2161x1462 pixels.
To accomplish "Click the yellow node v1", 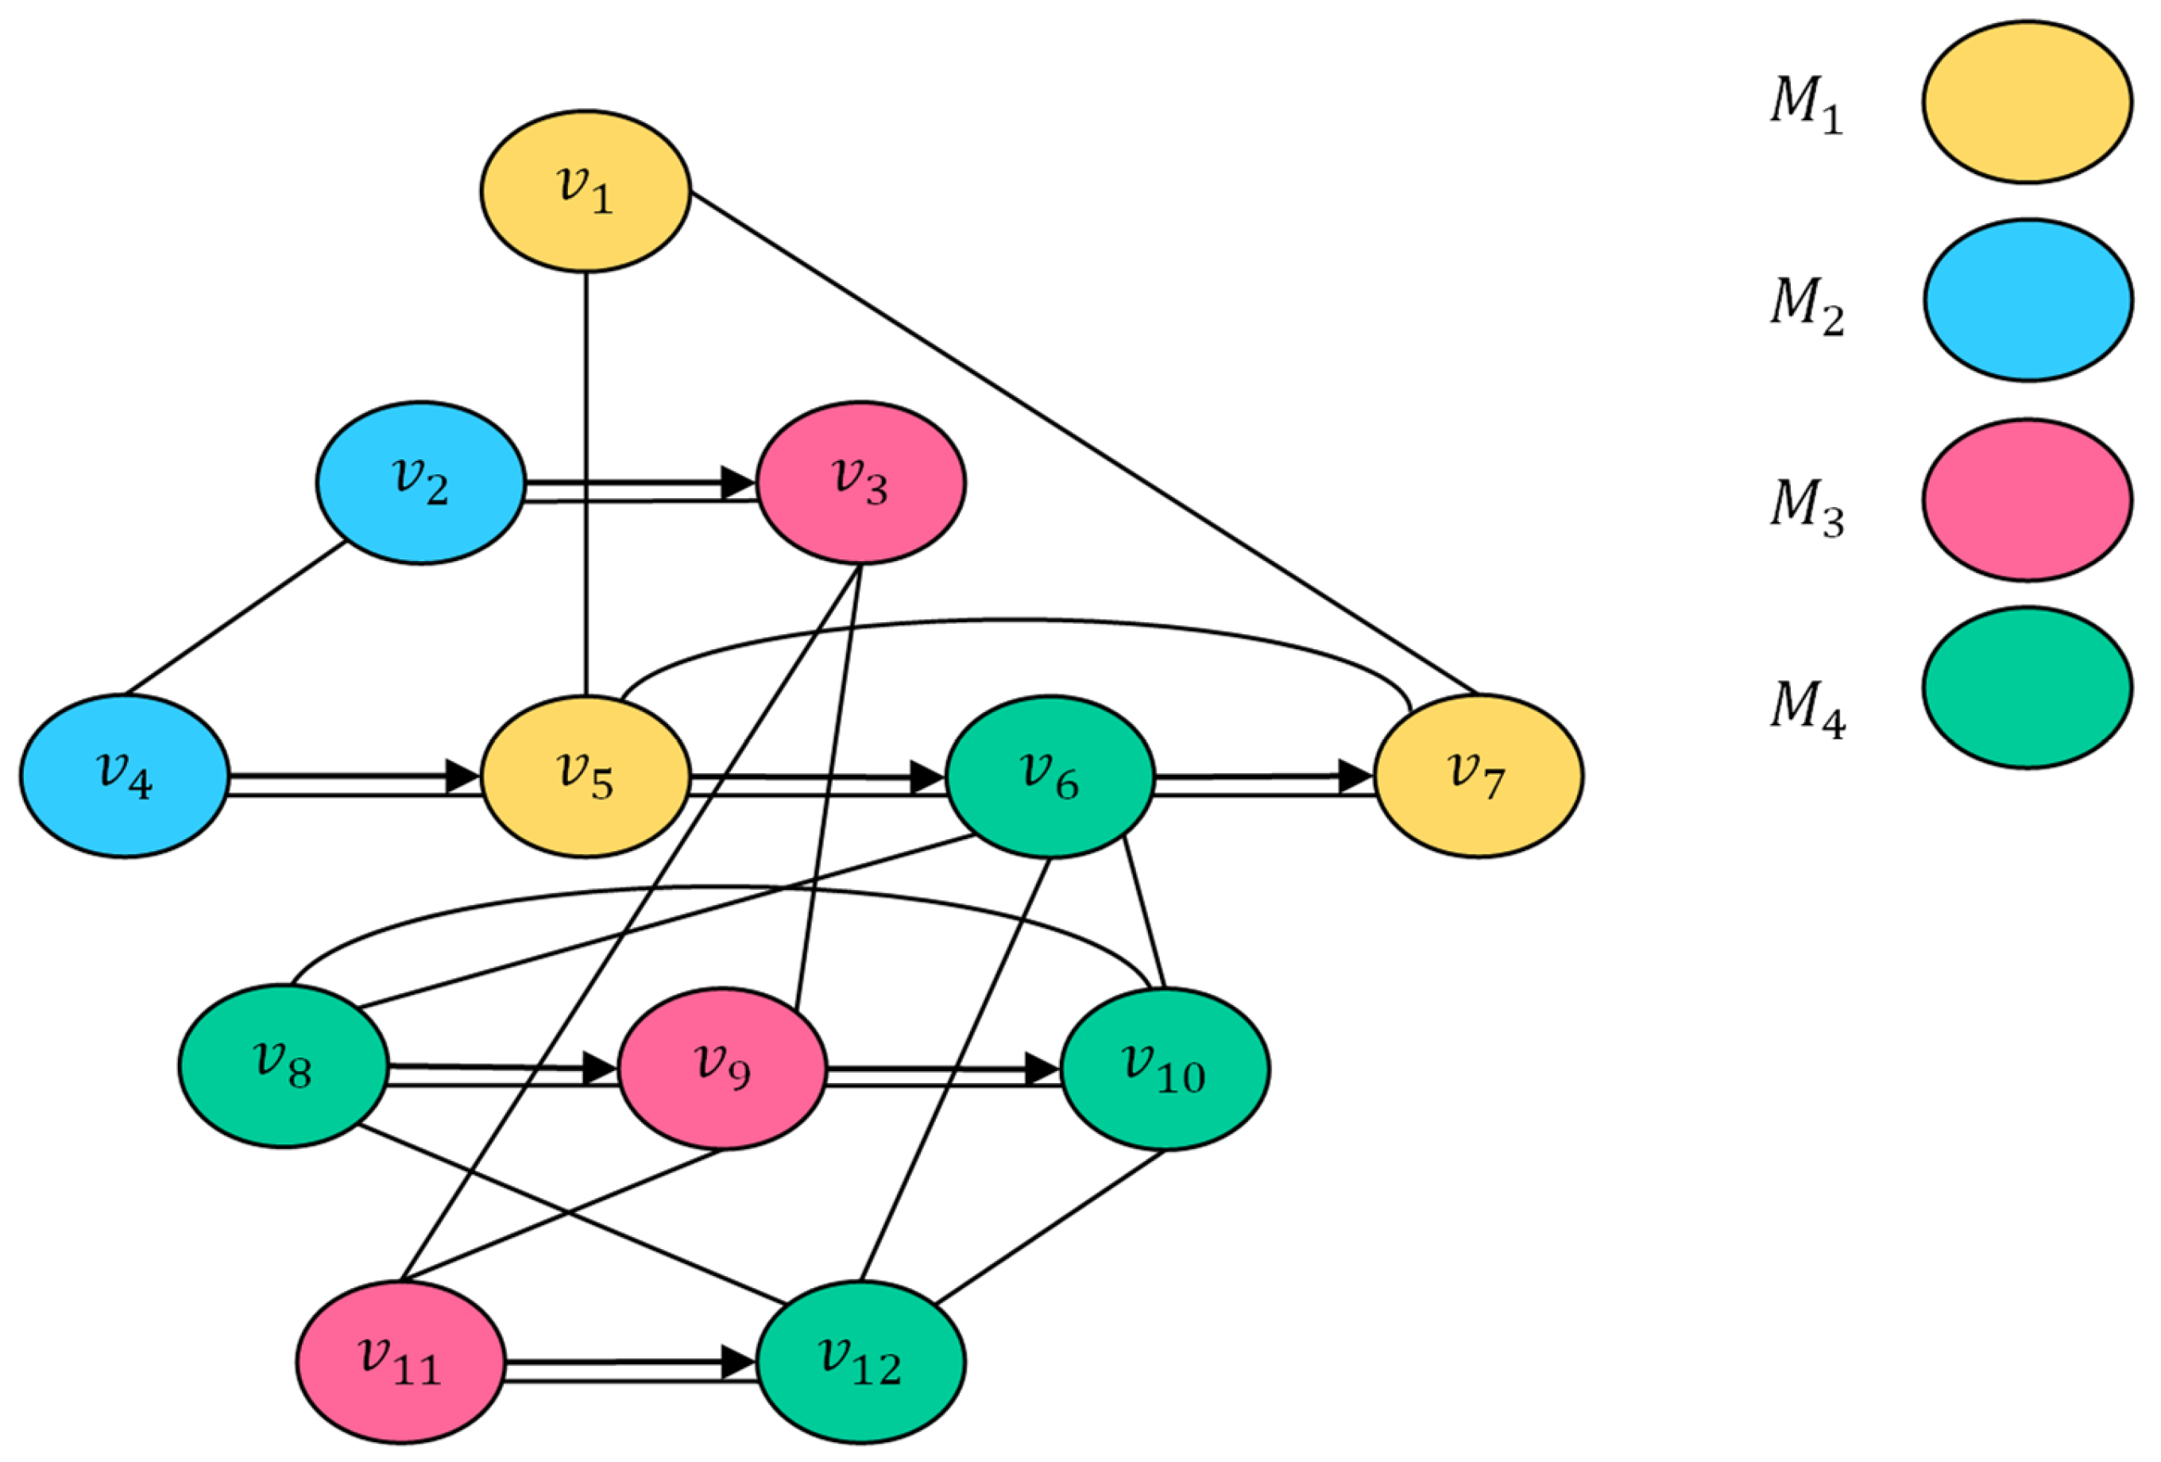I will click(x=585, y=191).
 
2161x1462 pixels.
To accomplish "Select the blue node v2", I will click(x=420, y=482).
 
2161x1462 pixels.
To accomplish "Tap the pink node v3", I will click(x=861, y=482).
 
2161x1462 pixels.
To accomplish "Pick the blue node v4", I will click(x=125, y=775).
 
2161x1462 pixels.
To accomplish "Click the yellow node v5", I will click(x=585, y=775).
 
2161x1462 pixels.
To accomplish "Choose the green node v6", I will click(x=1050, y=775).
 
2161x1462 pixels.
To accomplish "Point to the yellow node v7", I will click(x=1479, y=775).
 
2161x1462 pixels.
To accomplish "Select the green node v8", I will click(x=283, y=1067).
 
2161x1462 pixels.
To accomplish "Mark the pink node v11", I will click(x=400, y=1363).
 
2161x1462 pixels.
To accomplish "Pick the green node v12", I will click(x=861, y=1363).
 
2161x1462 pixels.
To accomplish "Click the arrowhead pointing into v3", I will click(x=739, y=482).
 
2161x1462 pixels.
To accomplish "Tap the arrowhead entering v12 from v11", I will click(x=739, y=1363).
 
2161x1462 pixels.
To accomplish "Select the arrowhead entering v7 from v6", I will click(x=1355, y=775).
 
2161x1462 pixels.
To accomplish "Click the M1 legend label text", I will click(x=1806, y=104).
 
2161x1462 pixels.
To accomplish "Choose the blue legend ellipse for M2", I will click(x=2027, y=300).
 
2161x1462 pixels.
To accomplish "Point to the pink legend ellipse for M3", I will click(x=2027, y=500).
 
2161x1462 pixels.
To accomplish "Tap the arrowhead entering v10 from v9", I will click(x=1042, y=1069).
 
